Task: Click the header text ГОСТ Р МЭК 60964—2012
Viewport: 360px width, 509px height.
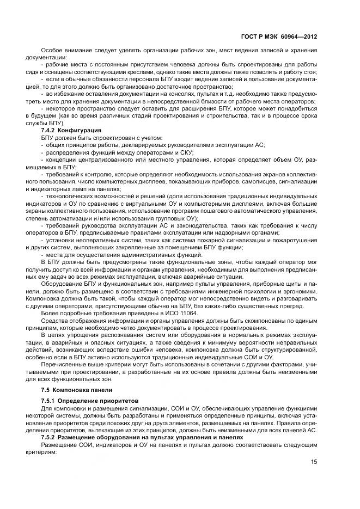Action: coord(278,37)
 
